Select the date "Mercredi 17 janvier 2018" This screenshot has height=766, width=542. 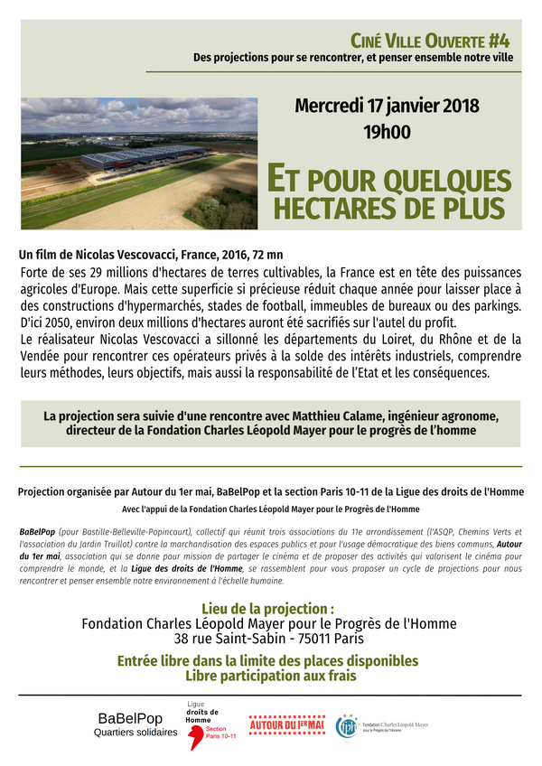coord(387,105)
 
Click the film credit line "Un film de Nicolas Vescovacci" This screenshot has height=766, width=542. coord(98,255)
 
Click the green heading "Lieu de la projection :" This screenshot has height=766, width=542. coord(269,609)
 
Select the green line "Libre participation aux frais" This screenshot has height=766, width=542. coord(269,676)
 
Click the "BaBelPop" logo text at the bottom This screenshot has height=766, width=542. coord(135,719)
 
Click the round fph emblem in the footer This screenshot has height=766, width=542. coord(347,725)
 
